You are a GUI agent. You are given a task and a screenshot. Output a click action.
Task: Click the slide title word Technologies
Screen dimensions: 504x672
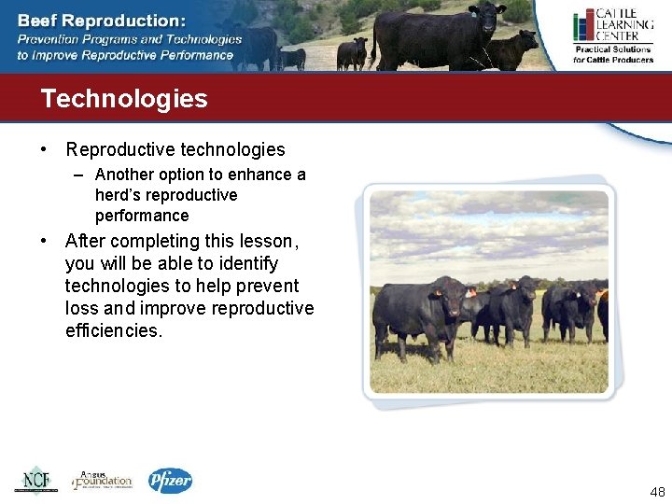pos(124,99)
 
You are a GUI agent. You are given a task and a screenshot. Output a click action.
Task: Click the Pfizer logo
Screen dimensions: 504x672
pos(170,481)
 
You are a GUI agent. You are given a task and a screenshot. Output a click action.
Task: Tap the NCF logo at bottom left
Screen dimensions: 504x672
pos(35,480)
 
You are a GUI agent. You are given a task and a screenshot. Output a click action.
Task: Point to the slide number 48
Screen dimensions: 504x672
pos(656,493)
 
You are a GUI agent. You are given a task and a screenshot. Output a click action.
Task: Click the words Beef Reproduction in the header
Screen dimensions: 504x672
pos(101,20)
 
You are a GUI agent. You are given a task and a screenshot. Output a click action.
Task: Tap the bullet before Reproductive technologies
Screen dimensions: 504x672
pos(45,150)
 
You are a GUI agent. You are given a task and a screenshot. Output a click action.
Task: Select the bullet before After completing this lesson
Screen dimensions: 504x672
pos(45,242)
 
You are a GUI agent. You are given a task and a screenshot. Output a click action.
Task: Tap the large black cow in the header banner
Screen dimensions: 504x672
pos(437,35)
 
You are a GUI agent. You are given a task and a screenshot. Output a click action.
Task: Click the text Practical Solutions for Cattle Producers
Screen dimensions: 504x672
pos(613,54)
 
